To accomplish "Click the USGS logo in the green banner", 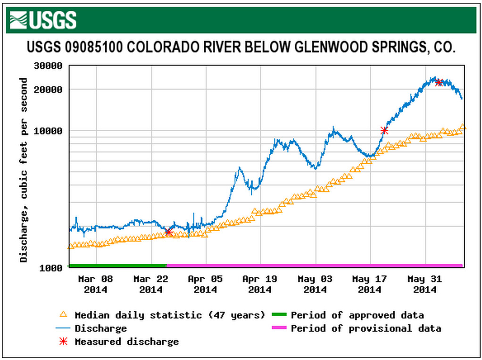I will (43, 20).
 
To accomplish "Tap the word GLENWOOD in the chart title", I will (330, 48).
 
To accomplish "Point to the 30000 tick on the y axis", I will (49, 66).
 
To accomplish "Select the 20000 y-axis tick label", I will (49, 90).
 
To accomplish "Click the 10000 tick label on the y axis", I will (49, 131).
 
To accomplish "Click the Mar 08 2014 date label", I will (96, 284).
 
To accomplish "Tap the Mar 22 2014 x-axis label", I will (150, 284).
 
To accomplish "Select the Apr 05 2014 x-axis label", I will (205, 284).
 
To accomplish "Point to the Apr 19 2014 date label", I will (260, 284).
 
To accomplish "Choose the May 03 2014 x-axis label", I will (315, 284).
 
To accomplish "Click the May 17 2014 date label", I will (369, 284).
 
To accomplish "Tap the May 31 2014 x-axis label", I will (424, 284).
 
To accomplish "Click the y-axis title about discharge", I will (24, 170).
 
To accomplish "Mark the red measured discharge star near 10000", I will (384, 130).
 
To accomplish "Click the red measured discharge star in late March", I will (168, 232).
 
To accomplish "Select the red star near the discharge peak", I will (439, 83).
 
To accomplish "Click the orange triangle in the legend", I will (64, 314).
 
